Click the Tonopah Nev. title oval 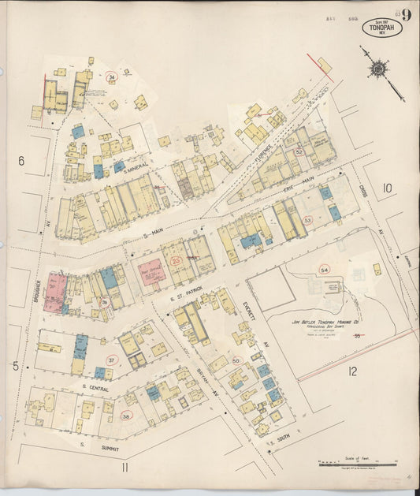click(x=382, y=28)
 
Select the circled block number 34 click(x=112, y=77)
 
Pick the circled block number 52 click(x=299, y=152)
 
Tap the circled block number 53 click(x=307, y=220)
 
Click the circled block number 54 click(x=324, y=270)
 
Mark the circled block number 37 click(x=111, y=360)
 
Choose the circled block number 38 click(x=125, y=415)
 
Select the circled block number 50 click(x=235, y=360)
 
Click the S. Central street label click(x=95, y=388)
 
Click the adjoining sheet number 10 click(x=387, y=188)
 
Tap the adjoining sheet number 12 click(x=353, y=371)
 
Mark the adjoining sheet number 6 click(x=21, y=161)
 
